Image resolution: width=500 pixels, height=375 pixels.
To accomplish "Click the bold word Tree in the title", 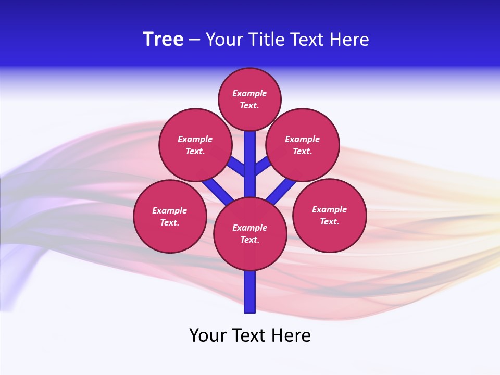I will [x=163, y=40].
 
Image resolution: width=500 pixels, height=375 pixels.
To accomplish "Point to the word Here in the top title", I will [x=349, y=40].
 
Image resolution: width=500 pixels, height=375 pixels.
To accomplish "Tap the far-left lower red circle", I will [x=170, y=217].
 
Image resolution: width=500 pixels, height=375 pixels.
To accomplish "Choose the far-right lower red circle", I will [x=330, y=216].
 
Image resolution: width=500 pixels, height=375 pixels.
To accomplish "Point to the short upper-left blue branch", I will [x=237, y=167].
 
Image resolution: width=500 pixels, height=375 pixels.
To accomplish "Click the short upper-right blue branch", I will [x=262, y=166].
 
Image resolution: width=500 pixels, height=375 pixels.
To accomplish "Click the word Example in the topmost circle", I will [x=249, y=94].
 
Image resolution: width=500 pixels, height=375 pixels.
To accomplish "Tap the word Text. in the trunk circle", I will [x=249, y=240].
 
